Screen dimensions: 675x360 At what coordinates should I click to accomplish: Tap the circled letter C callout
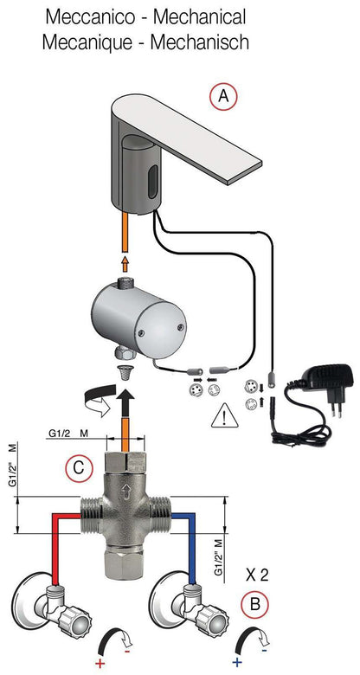click(x=78, y=468)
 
